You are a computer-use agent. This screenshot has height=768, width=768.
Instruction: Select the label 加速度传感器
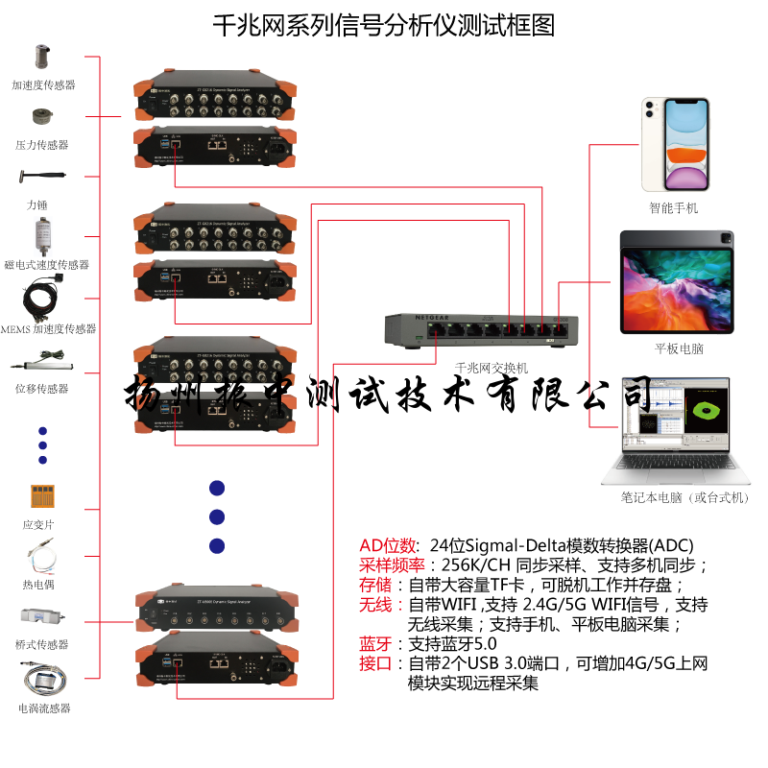[43, 85]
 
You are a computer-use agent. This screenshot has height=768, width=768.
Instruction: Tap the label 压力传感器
[42, 145]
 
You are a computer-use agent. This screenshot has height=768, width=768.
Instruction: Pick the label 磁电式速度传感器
[46, 265]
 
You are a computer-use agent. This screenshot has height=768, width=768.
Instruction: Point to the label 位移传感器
[42, 389]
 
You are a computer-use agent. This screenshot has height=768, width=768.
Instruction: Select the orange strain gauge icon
[42, 497]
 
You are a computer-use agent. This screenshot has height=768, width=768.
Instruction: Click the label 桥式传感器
[42, 644]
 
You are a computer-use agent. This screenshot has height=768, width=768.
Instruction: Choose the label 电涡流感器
[44, 708]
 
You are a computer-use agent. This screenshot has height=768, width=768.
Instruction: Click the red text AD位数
[388, 544]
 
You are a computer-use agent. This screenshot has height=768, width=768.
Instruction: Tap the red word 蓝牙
[376, 644]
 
